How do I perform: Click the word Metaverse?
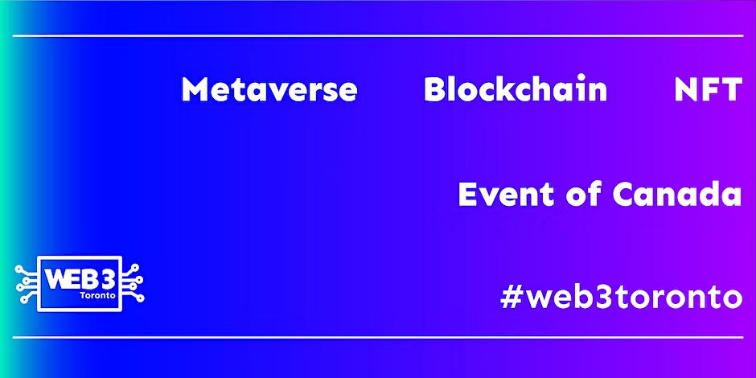tap(269, 90)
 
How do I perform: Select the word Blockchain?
tap(516, 89)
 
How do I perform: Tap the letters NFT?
tap(708, 90)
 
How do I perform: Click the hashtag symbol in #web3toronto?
tap(512, 297)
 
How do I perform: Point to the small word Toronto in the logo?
tap(99, 295)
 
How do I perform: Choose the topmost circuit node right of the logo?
tap(135, 267)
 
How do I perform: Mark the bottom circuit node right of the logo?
tap(141, 298)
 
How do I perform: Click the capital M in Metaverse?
tap(195, 90)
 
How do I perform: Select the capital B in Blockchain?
tap(434, 90)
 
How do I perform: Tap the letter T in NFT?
tap(731, 90)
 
